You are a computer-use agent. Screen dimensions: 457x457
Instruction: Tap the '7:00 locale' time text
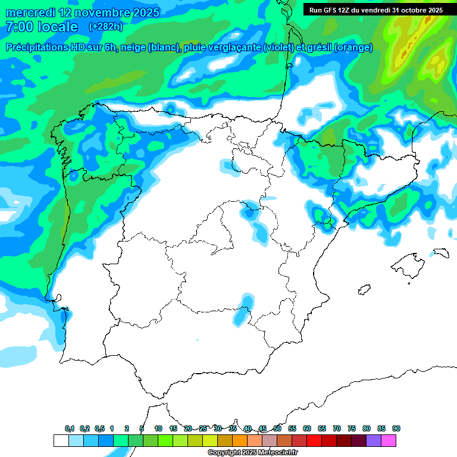pyautogui.click(x=42, y=27)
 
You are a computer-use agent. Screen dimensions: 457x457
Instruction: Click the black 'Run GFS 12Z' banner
pyautogui.click(x=375, y=10)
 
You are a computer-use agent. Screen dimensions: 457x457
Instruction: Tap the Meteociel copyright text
pyautogui.click(x=252, y=453)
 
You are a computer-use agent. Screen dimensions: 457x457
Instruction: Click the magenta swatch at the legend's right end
pyautogui.click(x=389, y=441)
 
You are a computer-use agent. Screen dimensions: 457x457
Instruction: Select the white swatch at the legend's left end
pyautogui.click(x=61, y=441)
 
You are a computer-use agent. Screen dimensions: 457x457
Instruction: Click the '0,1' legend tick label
pyautogui.click(x=70, y=429)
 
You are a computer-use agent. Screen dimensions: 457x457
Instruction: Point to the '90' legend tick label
pyautogui.click(x=396, y=429)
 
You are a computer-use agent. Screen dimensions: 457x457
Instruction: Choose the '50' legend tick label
pyautogui.click(x=277, y=429)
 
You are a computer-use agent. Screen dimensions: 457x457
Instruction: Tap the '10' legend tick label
pyautogui.click(x=158, y=429)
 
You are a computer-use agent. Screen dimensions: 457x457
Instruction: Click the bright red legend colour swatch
pyautogui.click(x=314, y=441)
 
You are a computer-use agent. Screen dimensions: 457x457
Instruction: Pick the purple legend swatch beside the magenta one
pyautogui.click(x=374, y=441)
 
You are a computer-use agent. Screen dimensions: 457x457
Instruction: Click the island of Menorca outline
pyautogui.click(x=440, y=252)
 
